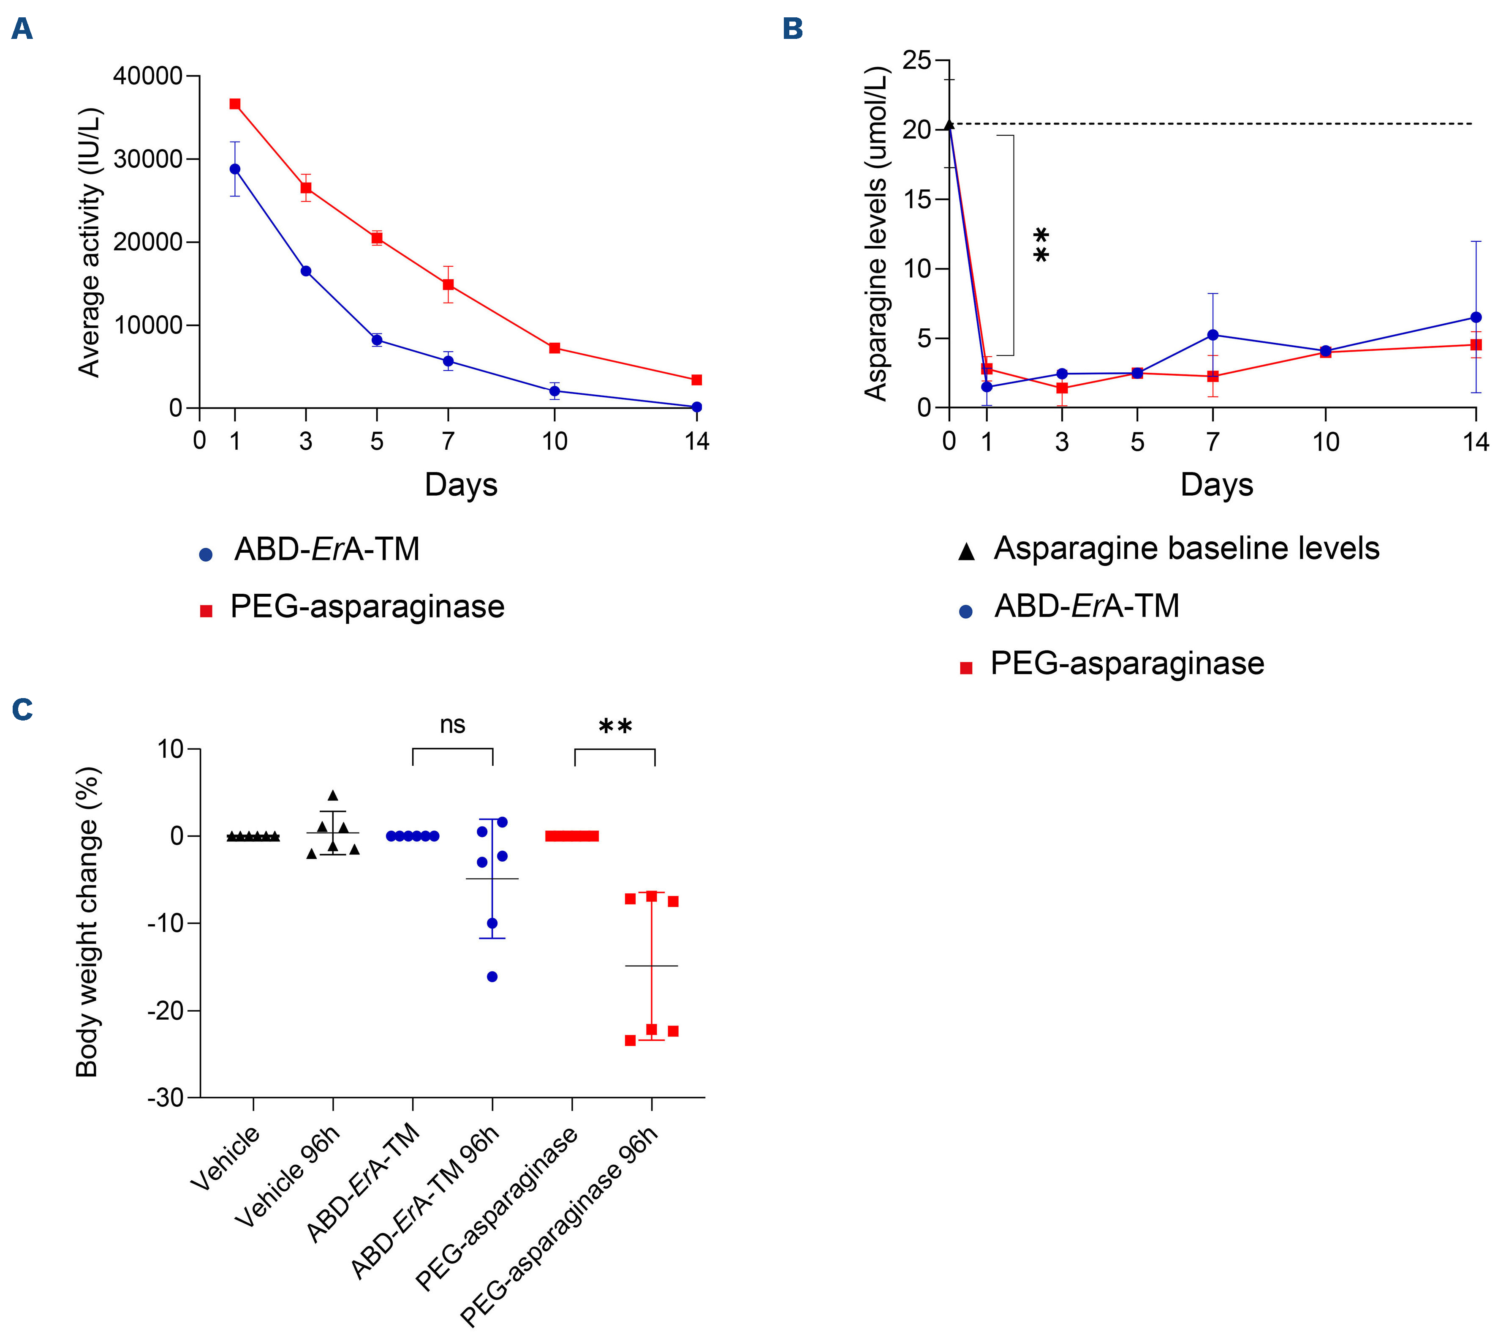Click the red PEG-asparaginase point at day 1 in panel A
tap(234, 104)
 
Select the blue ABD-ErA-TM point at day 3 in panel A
tap(305, 271)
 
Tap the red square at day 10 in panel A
tap(555, 347)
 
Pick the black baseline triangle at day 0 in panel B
tap(949, 125)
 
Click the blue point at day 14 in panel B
tap(1475, 317)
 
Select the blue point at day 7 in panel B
tap(1213, 335)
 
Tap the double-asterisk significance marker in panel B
tap(1041, 246)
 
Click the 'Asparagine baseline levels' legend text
tap(1186, 548)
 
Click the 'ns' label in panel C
tap(452, 725)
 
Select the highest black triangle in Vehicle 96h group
tap(333, 795)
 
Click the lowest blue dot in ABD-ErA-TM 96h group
tap(492, 977)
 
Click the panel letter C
tap(22, 710)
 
